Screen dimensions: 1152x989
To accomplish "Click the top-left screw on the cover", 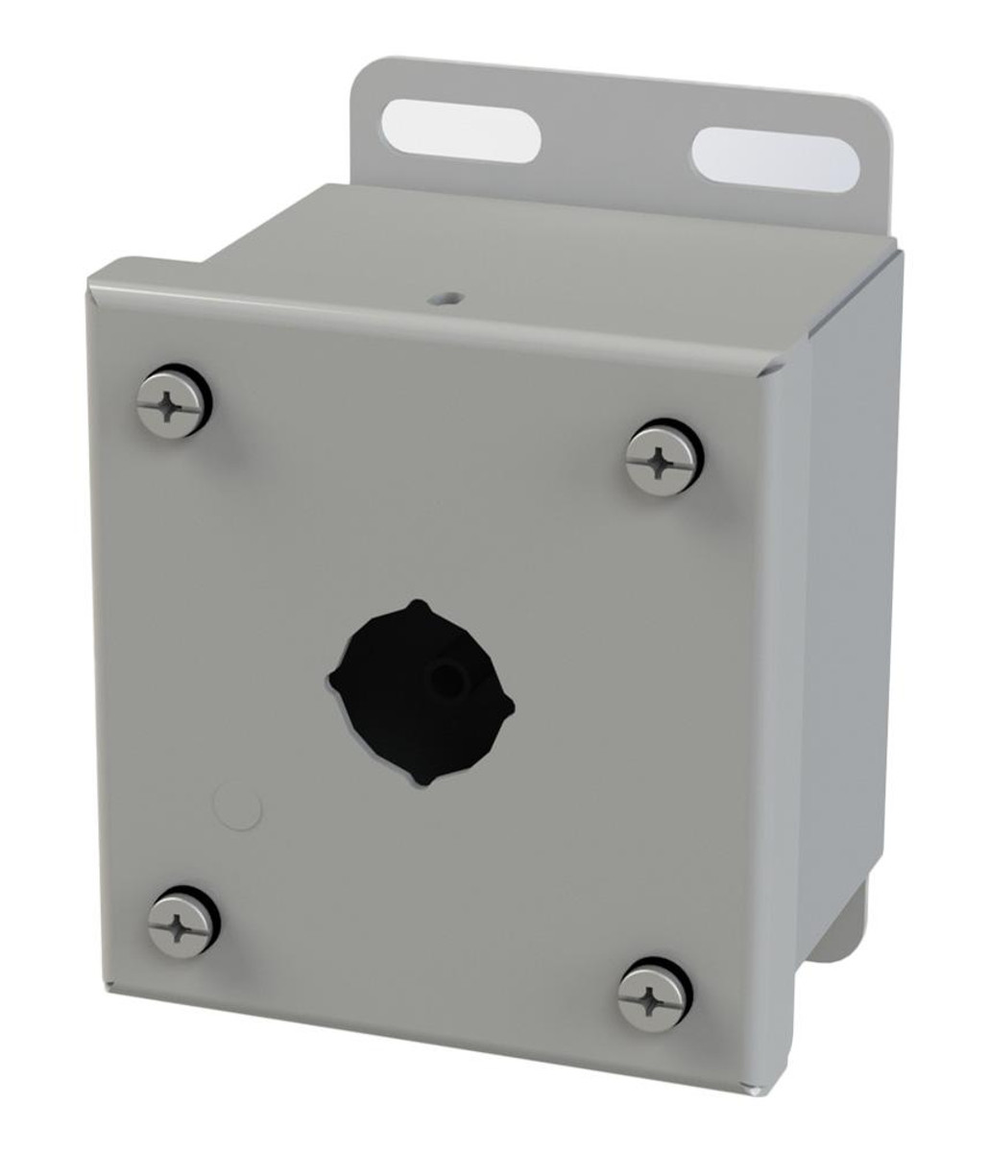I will pyautogui.click(x=172, y=401).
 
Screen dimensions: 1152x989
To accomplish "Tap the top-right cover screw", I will pyautogui.click(x=663, y=461).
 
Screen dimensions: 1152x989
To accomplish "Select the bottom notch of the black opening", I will pyautogui.click(x=424, y=779).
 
